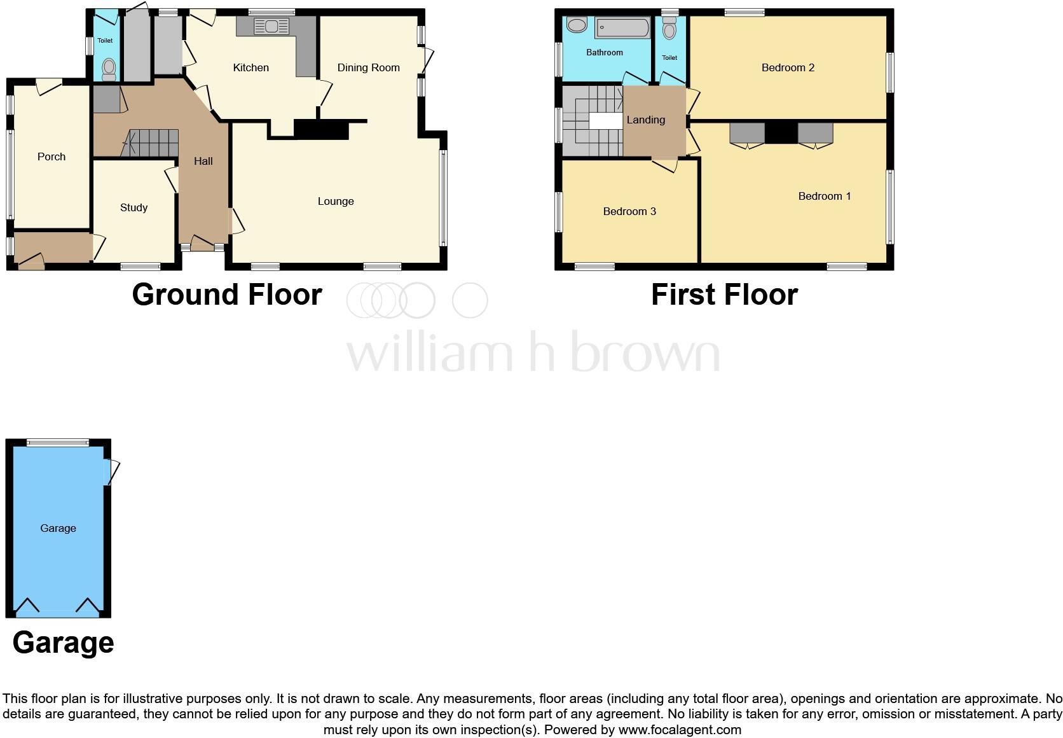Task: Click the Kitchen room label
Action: pyautogui.click(x=250, y=67)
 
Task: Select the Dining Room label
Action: pyautogui.click(x=368, y=67)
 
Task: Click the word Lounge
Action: pyautogui.click(x=336, y=201)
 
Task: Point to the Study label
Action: pyautogui.click(x=134, y=207)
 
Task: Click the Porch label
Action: pyautogui.click(x=51, y=157)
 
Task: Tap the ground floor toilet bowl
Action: pyautogui.click(x=109, y=68)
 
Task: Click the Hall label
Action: pyautogui.click(x=203, y=161)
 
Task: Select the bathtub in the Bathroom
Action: pyautogui.click(x=622, y=28)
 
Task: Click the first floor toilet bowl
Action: pyautogui.click(x=669, y=30)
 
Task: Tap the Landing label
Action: pyautogui.click(x=646, y=120)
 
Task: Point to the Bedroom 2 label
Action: pyautogui.click(x=788, y=67)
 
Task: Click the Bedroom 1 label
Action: pyautogui.click(x=824, y=196)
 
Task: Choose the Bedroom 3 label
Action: pyautogui.click(x=629, y=211)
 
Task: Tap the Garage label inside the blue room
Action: pyautogui.click(x=58, y=528)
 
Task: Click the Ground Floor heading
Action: pyautogui.click(x=227, y=295)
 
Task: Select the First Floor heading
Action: pyautogui.click(x=724, y=295)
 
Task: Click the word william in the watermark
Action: pyautogui.click(x=430, y=353)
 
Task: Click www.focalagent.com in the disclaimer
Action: pyautogui.click(x=680, y=730)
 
